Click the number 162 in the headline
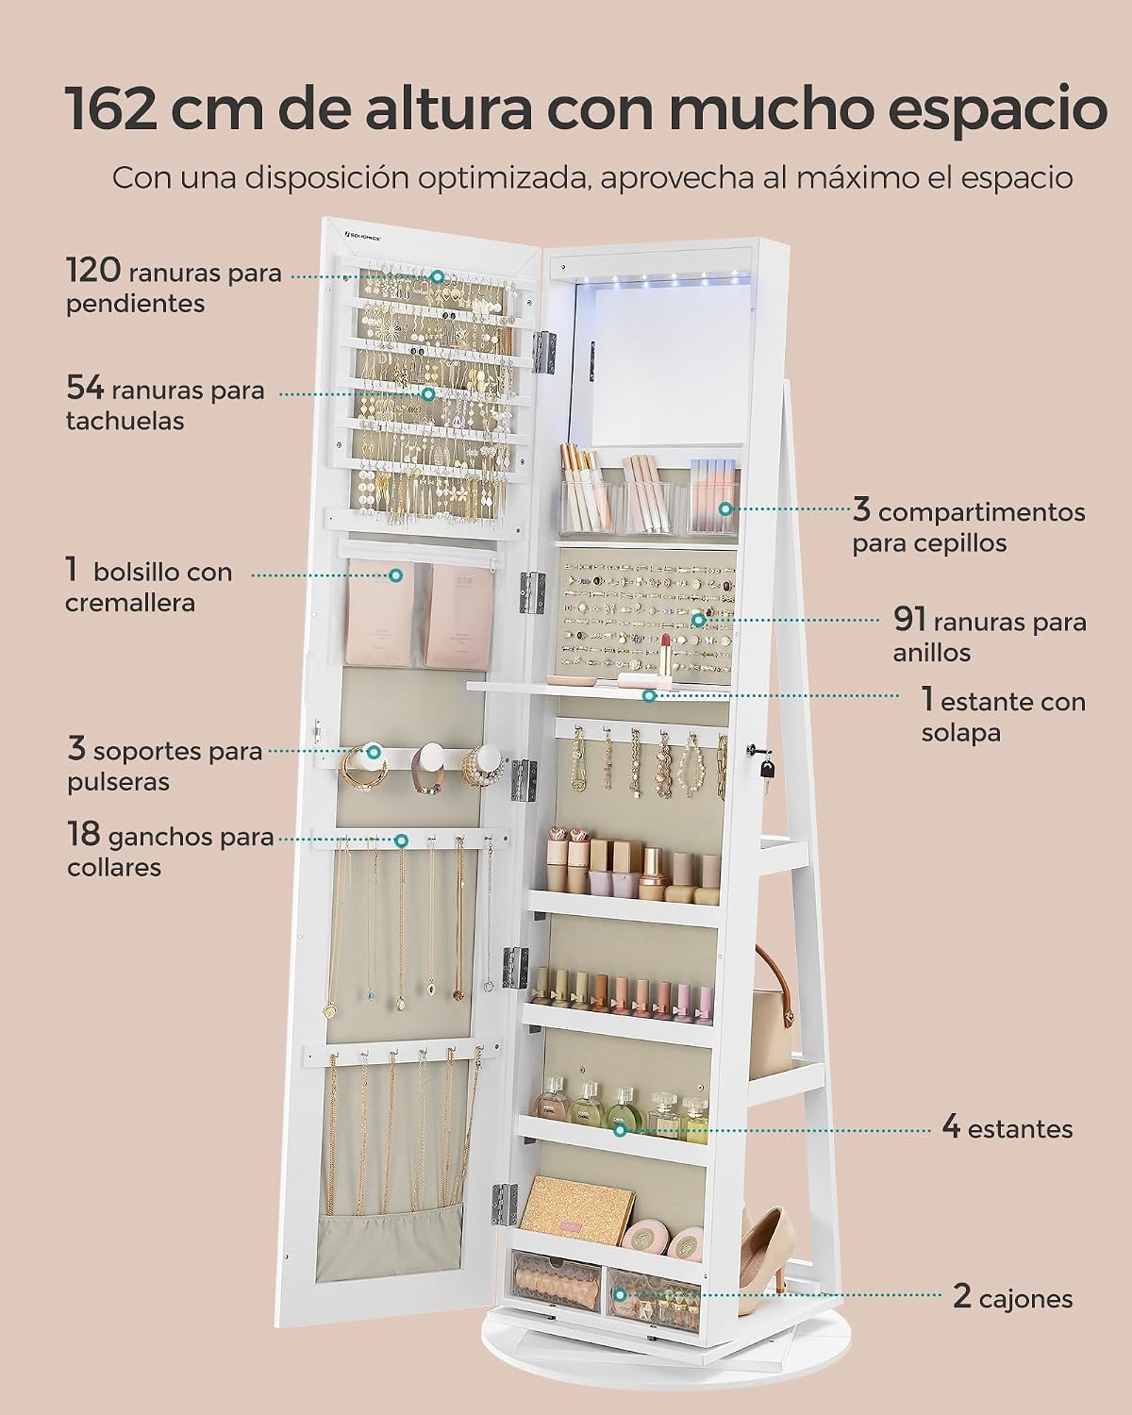pyautogui.click(x=113, y=108)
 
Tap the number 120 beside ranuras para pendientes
pyautogui.click(x=93, y=270)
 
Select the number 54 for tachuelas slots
pyautogui.click(x=85, y=388)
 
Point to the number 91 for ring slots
pyautogui.click(x=909, y=619)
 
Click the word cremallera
pyautogui.click(x=130, y=603)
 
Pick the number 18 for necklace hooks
pyautogui.click(x=84, y=834)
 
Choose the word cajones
pyautogui.click(x=1026, y=1298)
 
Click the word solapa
pyautogui.click(x=961, y=732)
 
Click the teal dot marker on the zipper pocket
pyautogui.click(x=395, y=575)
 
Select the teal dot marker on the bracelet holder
pyautogui.click(x=373, y=751)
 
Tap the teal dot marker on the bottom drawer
pyautogui.click(x=619, y=1294)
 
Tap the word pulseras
pyautogui.click(x=119, y=782)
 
